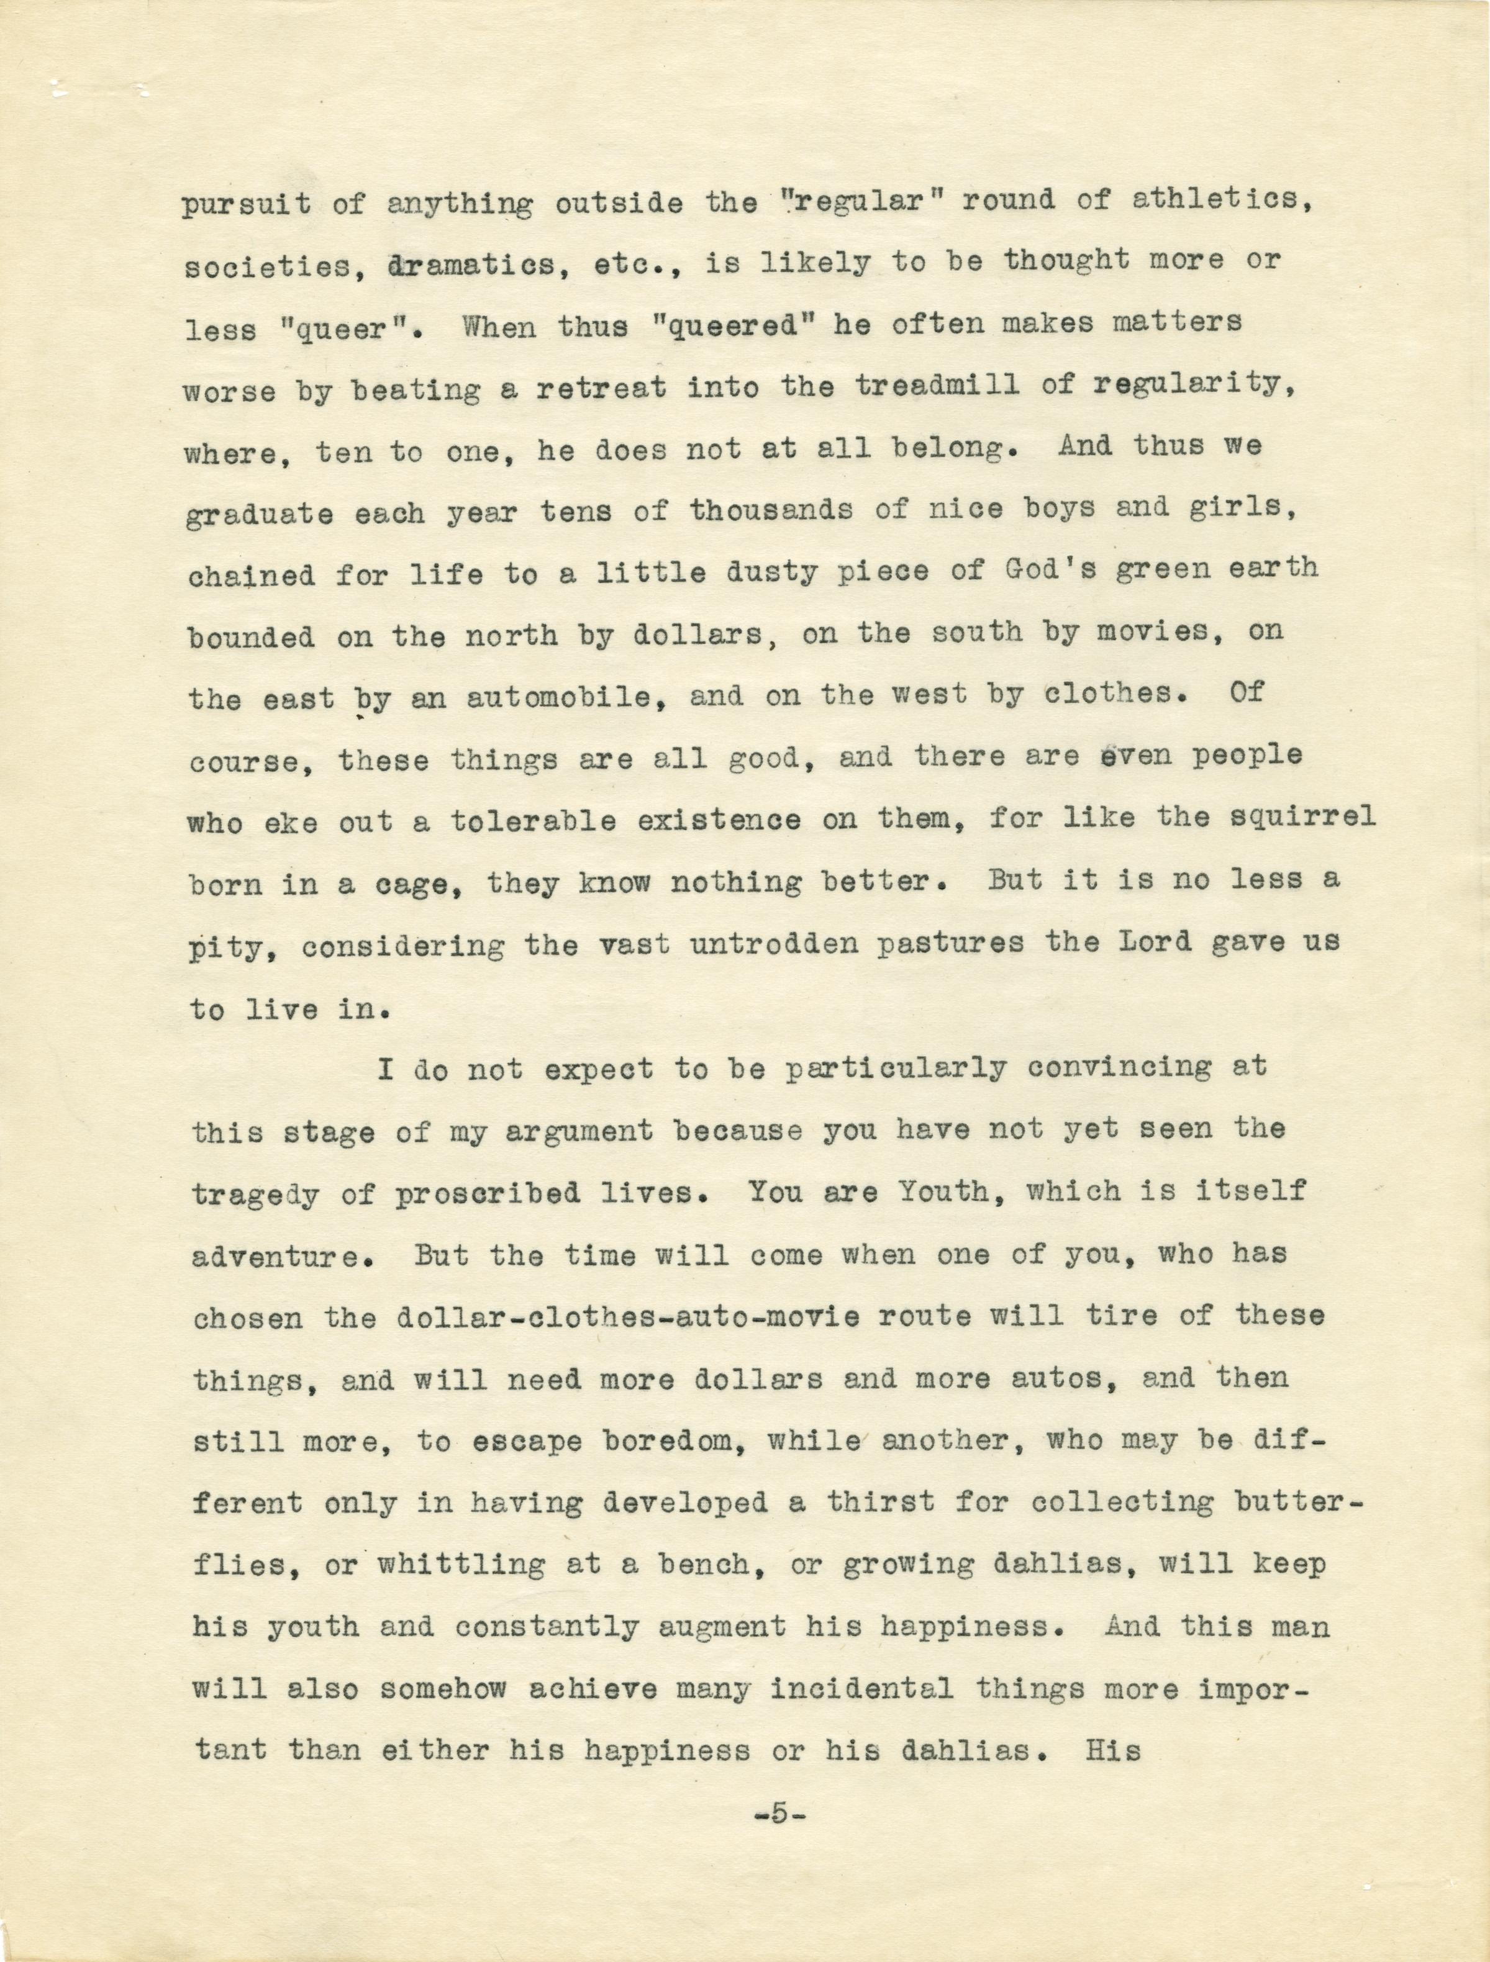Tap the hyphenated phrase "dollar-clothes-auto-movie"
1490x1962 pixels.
tap(627, 1317)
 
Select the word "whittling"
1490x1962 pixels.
tap(461, 1565)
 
